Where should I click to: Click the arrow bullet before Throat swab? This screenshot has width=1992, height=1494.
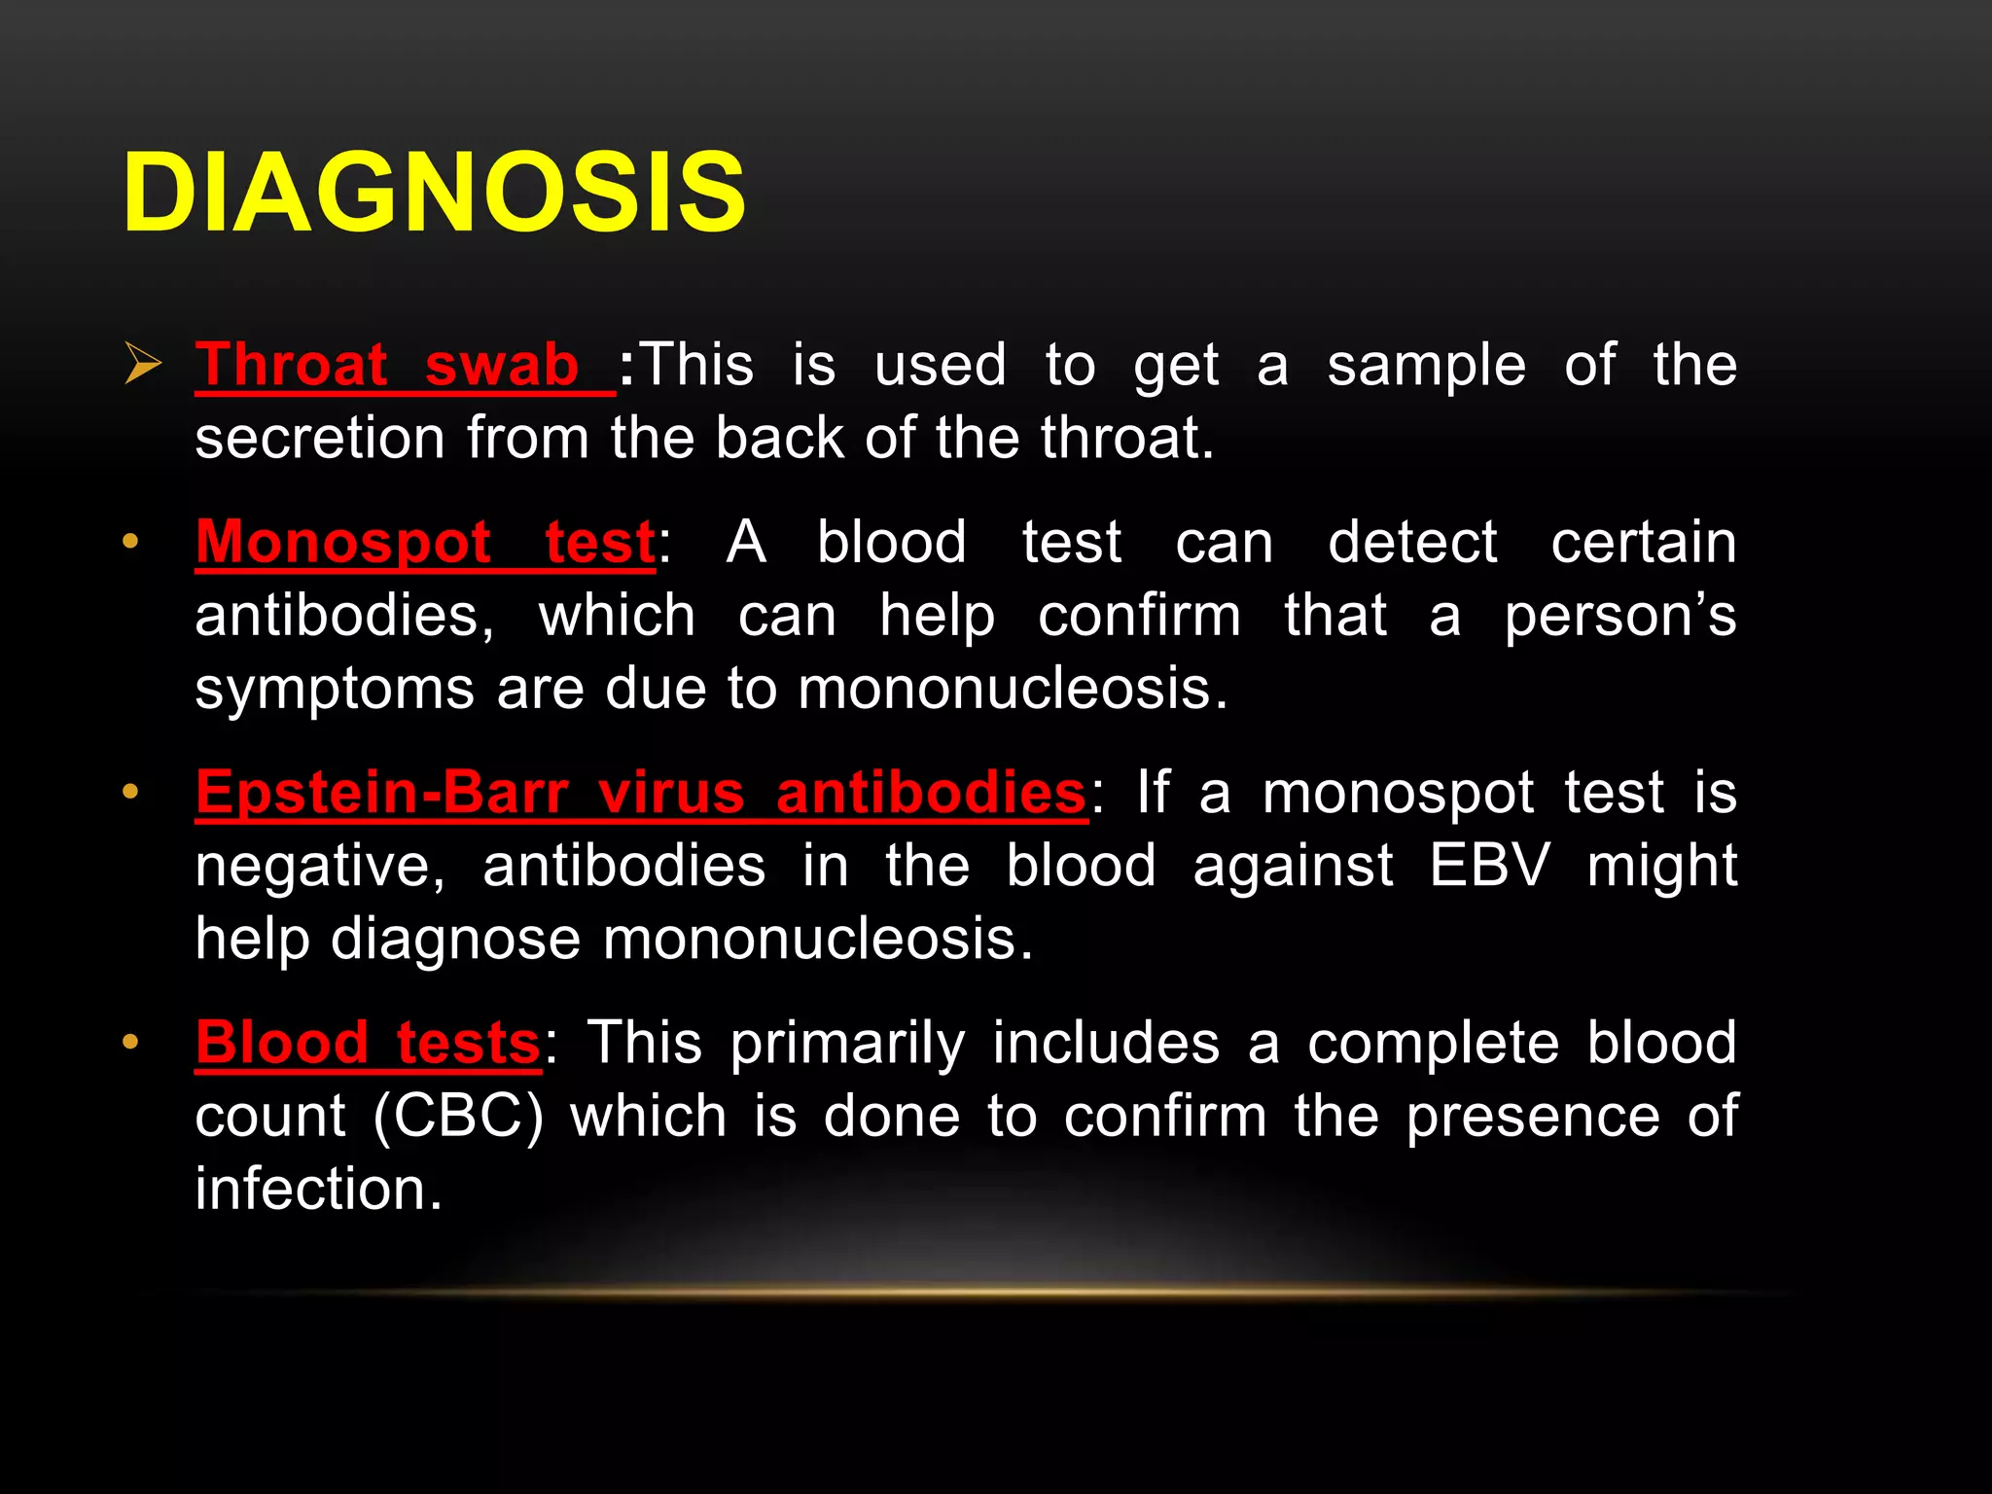(143, 366)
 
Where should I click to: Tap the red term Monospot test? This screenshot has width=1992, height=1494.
(425, 542)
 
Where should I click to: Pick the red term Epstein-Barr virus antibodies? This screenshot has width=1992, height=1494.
(640, 793)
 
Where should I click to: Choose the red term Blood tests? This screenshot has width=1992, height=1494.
(368, 1043)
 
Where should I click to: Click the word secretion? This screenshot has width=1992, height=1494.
(319, 438)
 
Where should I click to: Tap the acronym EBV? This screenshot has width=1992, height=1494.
(1488, 865)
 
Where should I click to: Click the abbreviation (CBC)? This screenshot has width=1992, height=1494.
(458, 1116)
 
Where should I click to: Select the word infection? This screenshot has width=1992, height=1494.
(317, 1189)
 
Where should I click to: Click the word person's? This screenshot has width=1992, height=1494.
(1620, 617)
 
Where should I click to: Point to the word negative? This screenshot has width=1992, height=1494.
(320, 867)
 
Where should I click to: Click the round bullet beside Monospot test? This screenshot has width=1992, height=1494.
(130, 542)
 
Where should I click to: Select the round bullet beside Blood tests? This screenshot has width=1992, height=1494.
(130, 1043)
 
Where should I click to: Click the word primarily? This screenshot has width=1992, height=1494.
(847, 1043)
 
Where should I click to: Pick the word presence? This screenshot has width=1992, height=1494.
(1533, 1117)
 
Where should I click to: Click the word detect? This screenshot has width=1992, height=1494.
(1412, 542)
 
